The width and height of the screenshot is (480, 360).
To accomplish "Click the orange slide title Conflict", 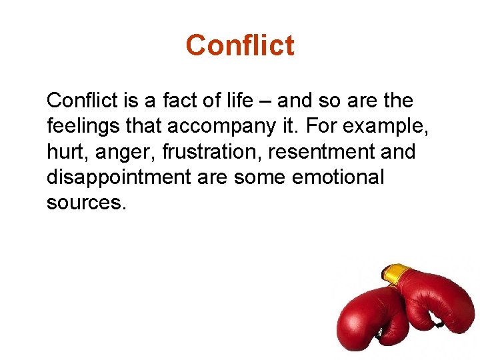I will (239, 45).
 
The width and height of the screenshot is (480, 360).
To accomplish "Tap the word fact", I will (181, 101).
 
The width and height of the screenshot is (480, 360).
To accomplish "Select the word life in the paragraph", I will (239, 101).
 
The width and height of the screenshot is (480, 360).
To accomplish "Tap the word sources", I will (85, 203).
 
